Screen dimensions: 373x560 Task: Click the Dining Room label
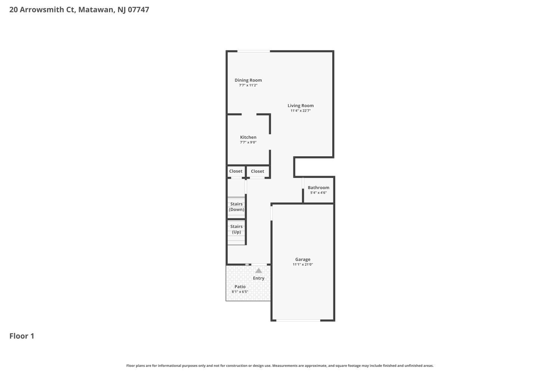coord(248,80)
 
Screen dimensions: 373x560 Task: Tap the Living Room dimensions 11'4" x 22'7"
coord(301,111)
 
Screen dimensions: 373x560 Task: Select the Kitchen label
coord(248,137)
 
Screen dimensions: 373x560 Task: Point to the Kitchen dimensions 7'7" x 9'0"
coord(248,142)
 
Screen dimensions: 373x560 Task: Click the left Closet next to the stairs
coord(236,171)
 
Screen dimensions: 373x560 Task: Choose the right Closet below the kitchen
coord(258,171)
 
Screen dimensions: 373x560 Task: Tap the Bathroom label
coord(318,188)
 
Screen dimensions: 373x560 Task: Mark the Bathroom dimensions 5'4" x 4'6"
coord(318,193)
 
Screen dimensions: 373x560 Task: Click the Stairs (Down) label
coord(236,207)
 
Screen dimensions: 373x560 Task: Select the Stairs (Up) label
coord(236,229)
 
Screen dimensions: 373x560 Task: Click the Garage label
coord(303,259)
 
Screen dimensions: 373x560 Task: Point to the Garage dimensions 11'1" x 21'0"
coord(303,264)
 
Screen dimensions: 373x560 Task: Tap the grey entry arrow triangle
coord(258,270)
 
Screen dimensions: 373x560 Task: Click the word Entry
coord(259,278)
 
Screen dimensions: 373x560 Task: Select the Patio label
coord(240,286)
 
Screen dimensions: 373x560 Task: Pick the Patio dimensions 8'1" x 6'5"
coord(240,292)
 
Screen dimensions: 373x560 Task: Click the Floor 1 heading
coord(22,336)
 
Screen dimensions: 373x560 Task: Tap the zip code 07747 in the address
coord(139,10)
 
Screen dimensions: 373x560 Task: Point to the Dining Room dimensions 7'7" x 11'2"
coord(248,85)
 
